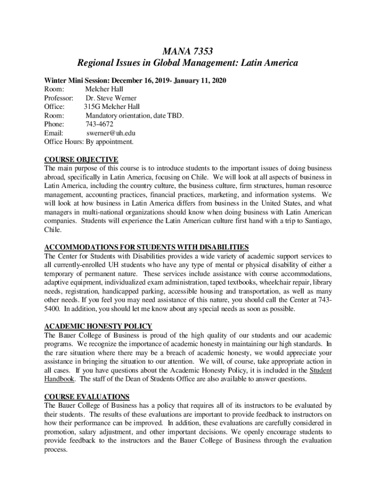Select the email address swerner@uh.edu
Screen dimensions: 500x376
pos(111,133)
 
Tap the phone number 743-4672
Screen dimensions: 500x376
pos(99,124)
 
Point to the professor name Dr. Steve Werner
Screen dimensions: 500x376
pos(111,98)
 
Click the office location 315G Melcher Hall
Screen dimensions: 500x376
pos(112,106)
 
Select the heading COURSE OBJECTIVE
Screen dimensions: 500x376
pos(81,160)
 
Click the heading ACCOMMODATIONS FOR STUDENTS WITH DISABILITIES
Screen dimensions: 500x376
pos(146,247)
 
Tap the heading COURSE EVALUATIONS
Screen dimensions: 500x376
pos(87,396)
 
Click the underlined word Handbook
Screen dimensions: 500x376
pos(59,379)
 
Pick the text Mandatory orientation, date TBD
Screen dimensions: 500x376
pos(135,115)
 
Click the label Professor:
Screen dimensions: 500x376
pos(59,98)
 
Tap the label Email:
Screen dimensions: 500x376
pos(54,133)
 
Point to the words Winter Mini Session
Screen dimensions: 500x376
pos(76,80)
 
